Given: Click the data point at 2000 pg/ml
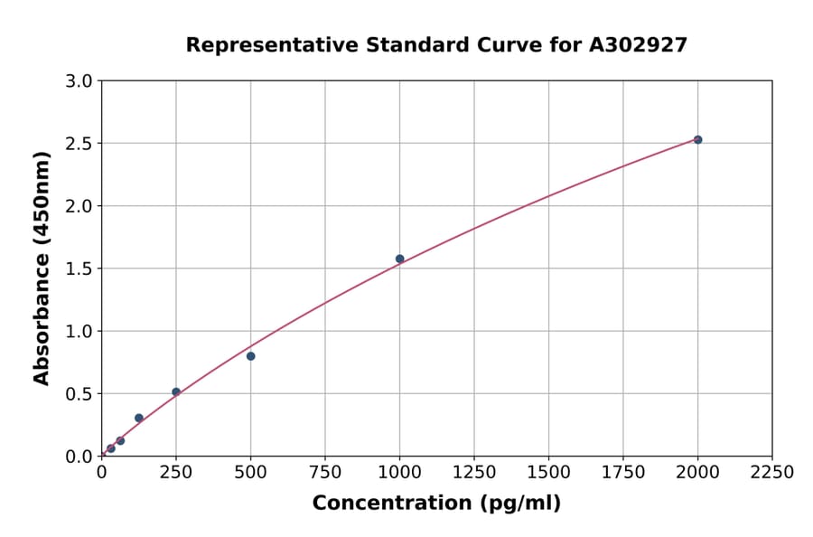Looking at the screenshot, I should pos(697,139).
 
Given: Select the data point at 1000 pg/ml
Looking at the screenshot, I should pos(399,259).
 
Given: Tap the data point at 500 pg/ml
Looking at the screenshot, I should pos(250,356).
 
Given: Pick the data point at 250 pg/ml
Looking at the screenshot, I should pos(176,392).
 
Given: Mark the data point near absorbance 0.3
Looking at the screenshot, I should pos(138,418).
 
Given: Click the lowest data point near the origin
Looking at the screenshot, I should pos(111,448).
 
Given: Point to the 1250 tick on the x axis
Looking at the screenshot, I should pos(474,472).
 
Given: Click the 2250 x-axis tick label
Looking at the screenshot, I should pos(772,472).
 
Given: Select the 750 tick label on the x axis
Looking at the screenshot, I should pos(325,472).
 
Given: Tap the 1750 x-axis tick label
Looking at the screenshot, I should pos(623,472).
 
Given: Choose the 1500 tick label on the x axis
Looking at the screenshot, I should pos(548,472).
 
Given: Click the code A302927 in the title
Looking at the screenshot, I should pos(638,45).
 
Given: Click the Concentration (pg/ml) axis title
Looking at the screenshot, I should pos(436,504).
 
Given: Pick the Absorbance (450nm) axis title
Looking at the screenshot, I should pos(42,268).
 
